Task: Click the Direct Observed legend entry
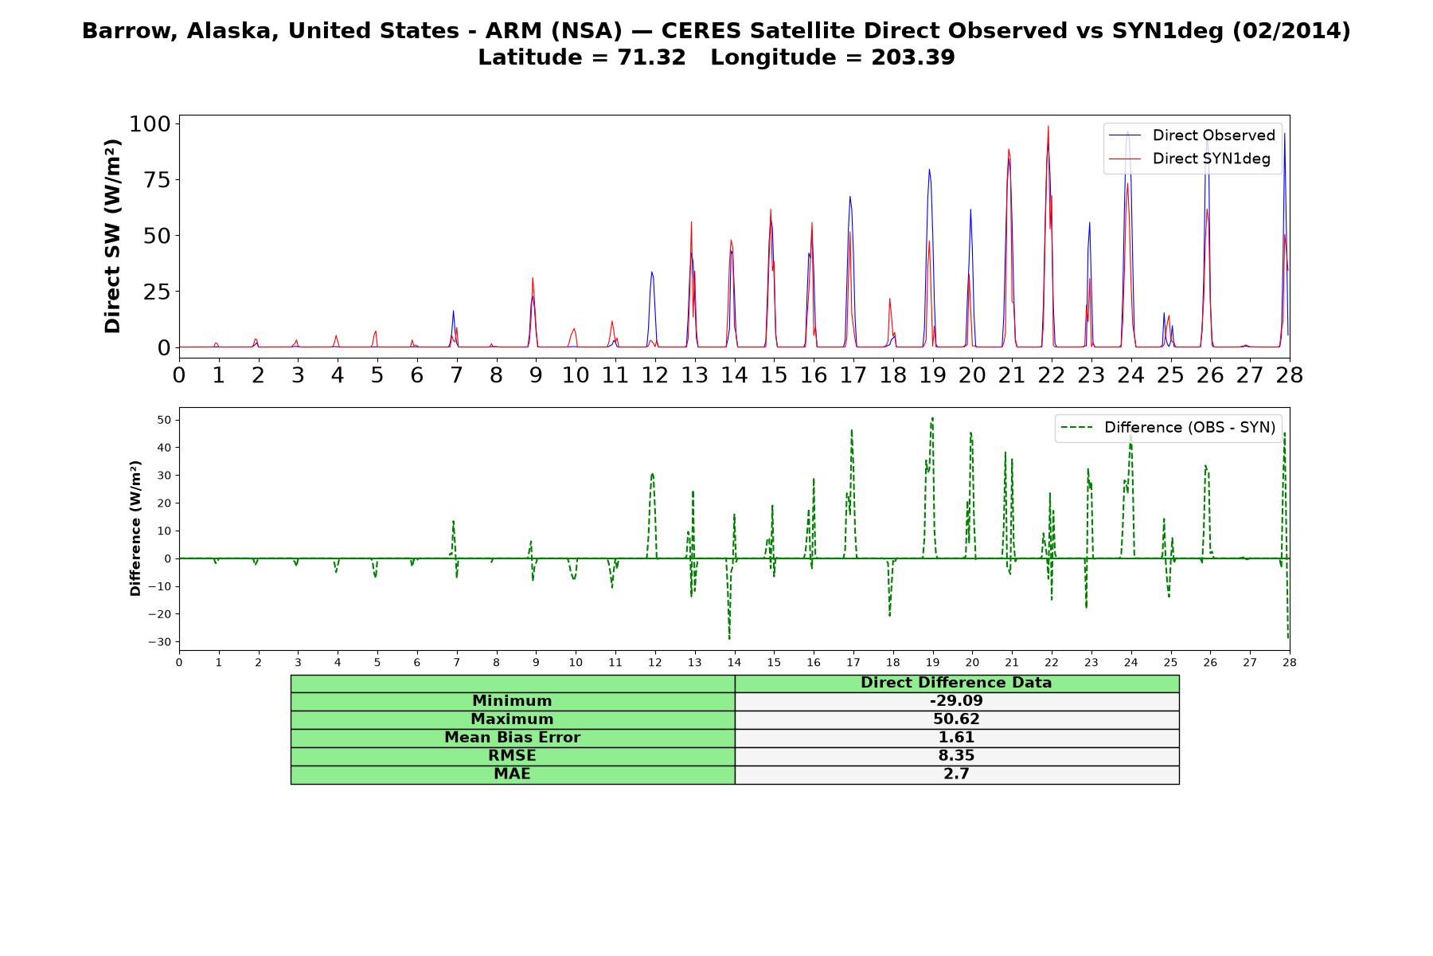tap(1192, 135)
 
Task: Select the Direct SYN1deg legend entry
tap(1189, 159)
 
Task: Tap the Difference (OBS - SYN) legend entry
tap(1168, 428)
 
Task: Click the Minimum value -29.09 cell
tap(956, 701)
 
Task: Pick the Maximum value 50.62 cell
tap(956, 719)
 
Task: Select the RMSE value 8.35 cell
tap(956, 756)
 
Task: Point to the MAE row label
tap(512, 774)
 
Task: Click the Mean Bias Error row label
tap(512, 738)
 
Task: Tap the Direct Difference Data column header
tap(956, 683)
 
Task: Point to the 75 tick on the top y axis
tap(157, 179)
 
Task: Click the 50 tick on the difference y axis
tap(164, 420)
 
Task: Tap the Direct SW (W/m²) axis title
tap(113, 236)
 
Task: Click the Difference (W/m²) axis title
tap(135, 528)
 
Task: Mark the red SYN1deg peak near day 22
tap(1048, 126)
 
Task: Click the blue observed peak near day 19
tap(928, 170)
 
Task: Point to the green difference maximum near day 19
tap(932, 417)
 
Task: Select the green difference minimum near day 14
tap(729, 638)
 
